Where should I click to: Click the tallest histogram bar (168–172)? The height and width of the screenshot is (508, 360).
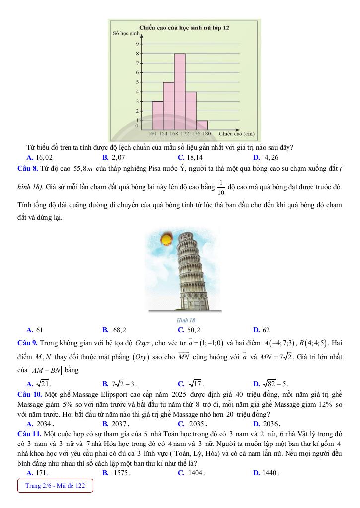tap(180, 91)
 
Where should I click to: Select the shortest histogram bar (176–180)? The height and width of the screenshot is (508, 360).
tap(202, 125)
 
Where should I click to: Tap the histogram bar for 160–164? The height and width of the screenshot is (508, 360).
tap(157, 115)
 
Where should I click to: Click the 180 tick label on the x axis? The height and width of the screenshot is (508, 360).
tap(206, 133)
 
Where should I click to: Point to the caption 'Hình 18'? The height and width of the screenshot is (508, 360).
tap(186, 320)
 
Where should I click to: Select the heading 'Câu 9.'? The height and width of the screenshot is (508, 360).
tap(27, 343)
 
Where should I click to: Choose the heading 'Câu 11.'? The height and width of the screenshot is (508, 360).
tap(29, 433)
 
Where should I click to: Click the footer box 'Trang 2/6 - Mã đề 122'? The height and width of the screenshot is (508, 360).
tap(55, 486)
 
